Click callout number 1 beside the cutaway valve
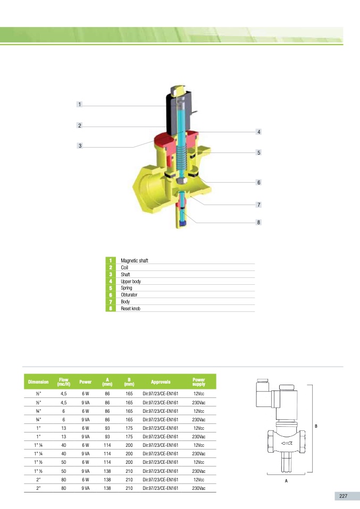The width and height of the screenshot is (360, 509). pyautogui.click(x=79, y=105)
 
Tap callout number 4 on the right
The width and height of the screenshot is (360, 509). pyautogui.click(x=258, y=131)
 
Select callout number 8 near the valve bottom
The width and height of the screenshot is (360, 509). pyautogui.click(x=258, y=222)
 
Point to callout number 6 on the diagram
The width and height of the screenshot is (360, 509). pyautogui.click(x=258, y=182)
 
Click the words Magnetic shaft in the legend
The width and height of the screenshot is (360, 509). pyautogui.click(x=134, y=261)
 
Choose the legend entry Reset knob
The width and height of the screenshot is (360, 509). pyautogui.click(x=130, y=308)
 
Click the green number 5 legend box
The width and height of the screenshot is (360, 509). pyautogui.click(x=111, y=288)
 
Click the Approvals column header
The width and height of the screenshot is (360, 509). pyautogui.click(x=161, y=381)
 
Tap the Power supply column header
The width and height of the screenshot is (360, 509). pyautogui.click(x=198, y=381)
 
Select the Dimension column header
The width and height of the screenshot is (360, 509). pyautogui.click(x=38, y=381)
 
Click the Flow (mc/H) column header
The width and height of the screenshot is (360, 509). pyautogui.click(x=64, y=381)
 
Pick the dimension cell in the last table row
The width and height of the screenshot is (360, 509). pyautogui.click(x=38, y=488)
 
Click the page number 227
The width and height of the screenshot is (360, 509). pyautogui.click(x=343, y=496)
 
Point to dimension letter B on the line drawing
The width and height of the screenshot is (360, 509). pyautogui.click(x=316, y=426)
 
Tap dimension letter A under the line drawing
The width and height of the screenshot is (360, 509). pyautogui.click(x=286, y=480)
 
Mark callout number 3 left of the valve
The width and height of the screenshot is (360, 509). pyautogui.click(x=79, y=146)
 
